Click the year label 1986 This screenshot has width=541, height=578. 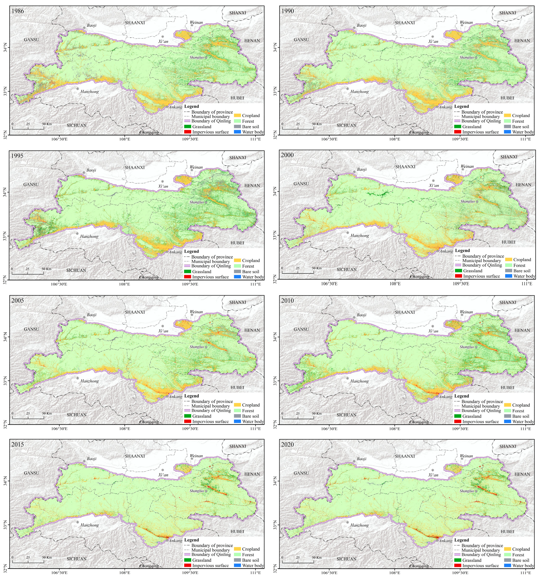(17, 11)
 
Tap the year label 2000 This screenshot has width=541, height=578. (287, 155)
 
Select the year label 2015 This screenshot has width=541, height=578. (17, 444)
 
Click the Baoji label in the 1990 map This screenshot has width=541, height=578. (361, 25)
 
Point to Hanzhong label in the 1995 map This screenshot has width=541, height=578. (89, 236)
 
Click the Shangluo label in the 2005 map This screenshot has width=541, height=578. (197, 347)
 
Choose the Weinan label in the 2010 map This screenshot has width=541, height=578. (466, 312)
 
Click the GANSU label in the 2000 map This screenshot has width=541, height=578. (301, 184)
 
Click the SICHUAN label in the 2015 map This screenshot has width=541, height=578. (77, 559)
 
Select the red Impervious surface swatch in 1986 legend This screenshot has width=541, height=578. (188, 132)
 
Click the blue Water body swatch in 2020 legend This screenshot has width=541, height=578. (508, 565)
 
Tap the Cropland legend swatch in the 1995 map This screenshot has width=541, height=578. (237, 260)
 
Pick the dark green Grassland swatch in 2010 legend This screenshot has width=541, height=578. (458, 416)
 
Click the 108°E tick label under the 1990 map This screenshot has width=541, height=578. (395, 139)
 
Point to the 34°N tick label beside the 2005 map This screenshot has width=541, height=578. (5, 337)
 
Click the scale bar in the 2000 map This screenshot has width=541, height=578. (298, 273)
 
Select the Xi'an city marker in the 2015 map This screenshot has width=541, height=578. (163, 470)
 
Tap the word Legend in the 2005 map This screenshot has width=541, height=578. (192, 396)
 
